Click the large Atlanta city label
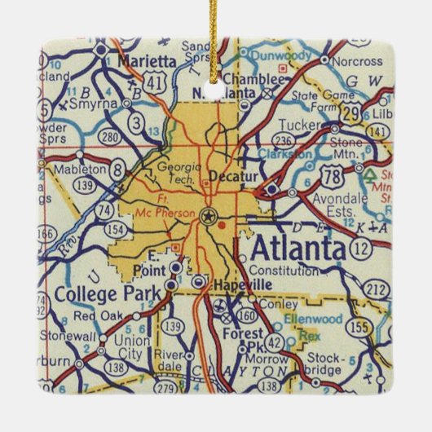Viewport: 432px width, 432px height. [298, 247]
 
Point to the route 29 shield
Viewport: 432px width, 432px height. [351, 114]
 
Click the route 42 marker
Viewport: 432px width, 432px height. [276, 343]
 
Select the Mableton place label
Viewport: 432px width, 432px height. [79, 169]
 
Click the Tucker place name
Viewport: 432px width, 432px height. [295, 125]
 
